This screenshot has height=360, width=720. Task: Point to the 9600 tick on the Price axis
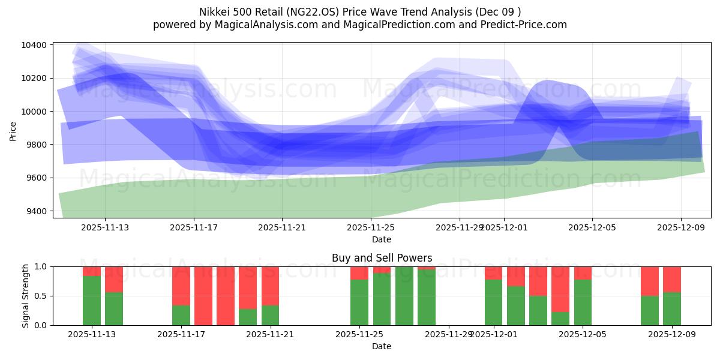[37, 178]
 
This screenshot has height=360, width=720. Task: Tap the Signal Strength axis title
[26, 296]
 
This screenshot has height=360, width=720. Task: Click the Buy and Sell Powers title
[382, 258]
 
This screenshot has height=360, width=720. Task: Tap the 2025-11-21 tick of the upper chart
[282, 227]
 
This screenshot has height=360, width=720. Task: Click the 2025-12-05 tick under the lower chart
[583, 334]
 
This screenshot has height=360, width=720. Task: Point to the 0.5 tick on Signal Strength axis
[42, 296]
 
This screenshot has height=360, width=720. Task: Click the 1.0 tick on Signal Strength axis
[42, 267]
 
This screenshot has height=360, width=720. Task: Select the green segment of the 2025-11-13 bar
[92, 300]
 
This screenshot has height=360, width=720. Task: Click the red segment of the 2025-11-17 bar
[181, 286]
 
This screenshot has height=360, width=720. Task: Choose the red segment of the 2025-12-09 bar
[672, 279]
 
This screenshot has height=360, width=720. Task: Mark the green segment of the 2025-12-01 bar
[493, 302]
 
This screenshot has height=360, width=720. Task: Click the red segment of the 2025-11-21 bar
[270, 286]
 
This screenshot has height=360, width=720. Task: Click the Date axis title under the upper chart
[382, 239]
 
